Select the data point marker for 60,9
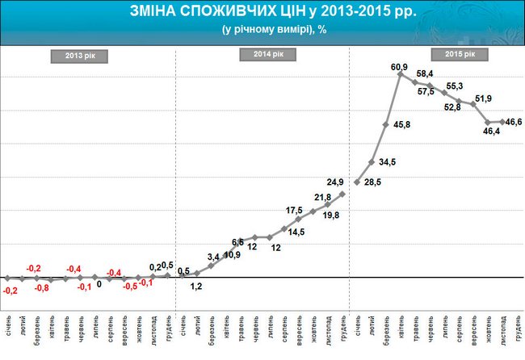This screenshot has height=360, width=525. pos(401,74)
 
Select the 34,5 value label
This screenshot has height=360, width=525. pos(388,162)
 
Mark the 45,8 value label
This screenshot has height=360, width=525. pos(401,125)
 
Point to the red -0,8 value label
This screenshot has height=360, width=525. pos(41,288)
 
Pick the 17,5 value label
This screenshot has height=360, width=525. pos(295,210)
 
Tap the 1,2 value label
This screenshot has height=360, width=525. pos(196,287)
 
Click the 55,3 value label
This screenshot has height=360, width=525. pos(455,86)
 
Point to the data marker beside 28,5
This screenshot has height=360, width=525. pos(357,182)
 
